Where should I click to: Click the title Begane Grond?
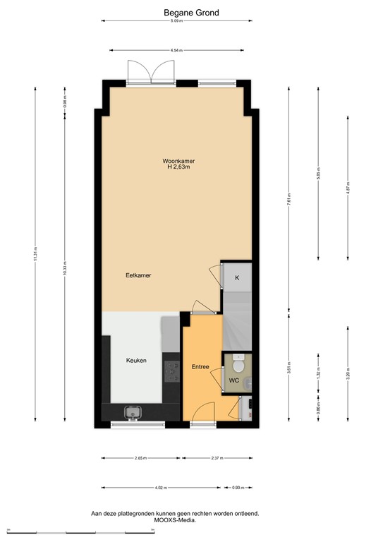point(190,13)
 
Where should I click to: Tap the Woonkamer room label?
point(179,161)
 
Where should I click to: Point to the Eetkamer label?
point(138,275)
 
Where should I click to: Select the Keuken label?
point(136,361)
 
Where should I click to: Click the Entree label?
point(201,366)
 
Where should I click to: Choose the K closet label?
point(237,278)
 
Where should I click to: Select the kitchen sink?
point(132,412)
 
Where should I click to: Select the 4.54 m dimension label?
point(176,50)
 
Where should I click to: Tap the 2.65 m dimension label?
point(140,459)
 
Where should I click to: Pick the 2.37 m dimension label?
point(216,459)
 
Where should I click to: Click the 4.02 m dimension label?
point(162,488)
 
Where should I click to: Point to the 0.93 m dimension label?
point(237,488)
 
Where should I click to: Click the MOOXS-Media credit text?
point(175,520)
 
